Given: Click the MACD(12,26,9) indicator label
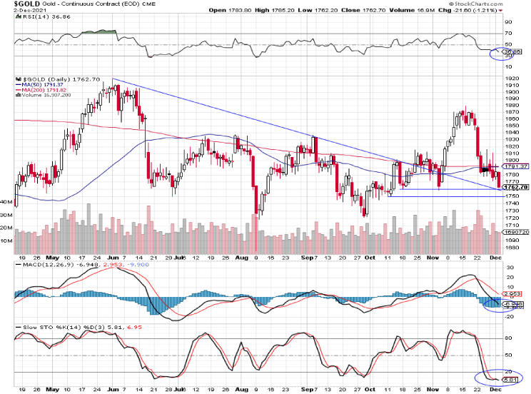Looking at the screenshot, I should [41, 266].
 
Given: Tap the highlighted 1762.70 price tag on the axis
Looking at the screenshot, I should [513, 187].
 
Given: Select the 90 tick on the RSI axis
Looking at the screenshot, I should [507, 22].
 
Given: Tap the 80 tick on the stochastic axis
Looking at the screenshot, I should [507, 338].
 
